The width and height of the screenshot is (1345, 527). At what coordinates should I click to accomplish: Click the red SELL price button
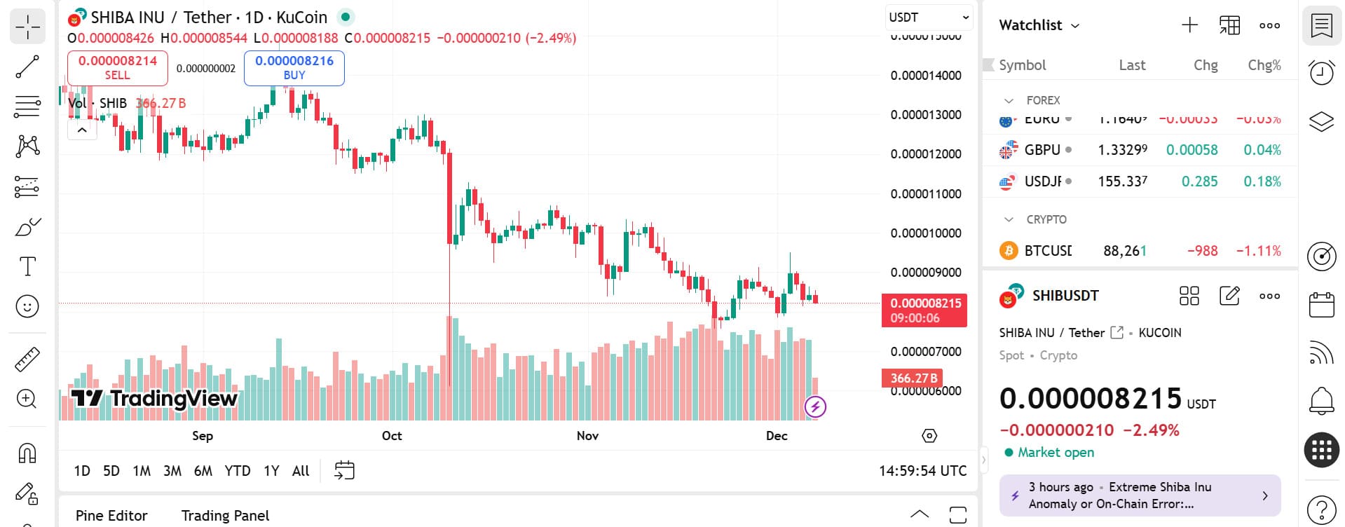pos(118,67)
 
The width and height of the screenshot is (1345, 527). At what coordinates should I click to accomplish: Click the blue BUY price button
pos(294,67)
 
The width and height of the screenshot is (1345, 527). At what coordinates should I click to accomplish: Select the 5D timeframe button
pos(111,471)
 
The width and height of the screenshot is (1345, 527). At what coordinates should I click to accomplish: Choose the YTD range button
pos(238,471)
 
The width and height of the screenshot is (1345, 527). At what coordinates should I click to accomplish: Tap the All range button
pos(301,471)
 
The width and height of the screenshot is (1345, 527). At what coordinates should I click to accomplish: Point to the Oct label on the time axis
pos(392,436)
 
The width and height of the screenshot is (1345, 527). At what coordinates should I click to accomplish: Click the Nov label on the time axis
pos(587,436)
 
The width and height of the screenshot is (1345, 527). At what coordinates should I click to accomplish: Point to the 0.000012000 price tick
pos(926,154)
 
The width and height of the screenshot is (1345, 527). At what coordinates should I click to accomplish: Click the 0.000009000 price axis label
pos(926,273)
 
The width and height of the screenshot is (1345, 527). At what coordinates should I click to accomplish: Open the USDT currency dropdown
pos(928,18)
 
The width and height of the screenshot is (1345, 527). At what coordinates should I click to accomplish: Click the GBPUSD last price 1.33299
pos(1122,150)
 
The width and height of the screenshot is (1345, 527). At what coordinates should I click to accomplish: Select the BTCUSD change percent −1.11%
pos(1258,251)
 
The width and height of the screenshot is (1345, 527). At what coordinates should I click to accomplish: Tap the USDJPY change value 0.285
pos(1199,182)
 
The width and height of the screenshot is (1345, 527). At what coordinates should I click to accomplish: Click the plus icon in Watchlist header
pos(1189,26)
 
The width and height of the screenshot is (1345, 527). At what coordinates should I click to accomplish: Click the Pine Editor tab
pos(111,516)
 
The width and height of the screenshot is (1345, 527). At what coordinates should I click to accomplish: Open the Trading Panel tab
pos(225,516)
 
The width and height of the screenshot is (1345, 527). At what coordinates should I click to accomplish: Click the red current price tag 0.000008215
pos(924,310)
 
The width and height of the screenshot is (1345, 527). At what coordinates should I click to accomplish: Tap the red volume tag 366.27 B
pos(913,378)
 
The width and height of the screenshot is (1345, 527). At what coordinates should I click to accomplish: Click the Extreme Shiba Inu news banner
pos(1140,495)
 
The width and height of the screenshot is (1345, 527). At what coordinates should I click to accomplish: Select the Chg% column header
pos(1264,65)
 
